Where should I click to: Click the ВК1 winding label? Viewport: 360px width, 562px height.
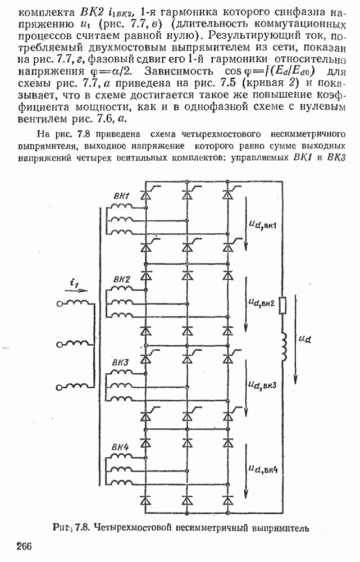coord(121,196)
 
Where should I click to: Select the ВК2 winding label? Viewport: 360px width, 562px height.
coord(122,280)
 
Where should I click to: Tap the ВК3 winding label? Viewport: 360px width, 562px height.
coord(120,362)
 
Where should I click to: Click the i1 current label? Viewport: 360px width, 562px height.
coord(74,283)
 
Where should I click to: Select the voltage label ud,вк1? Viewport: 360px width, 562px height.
coord(263,225)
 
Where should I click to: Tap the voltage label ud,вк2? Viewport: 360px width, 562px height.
coord(261,303)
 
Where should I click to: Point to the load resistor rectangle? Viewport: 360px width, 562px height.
coord(282,305)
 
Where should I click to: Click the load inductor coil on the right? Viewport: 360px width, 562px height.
coord(284,346)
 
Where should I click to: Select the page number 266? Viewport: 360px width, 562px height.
coord(24,546)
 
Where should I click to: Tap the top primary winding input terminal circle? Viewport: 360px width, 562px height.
coord(60,304)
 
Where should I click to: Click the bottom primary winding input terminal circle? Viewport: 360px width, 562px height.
coord(60,387)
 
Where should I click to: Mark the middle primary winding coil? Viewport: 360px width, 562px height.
coord(78,343)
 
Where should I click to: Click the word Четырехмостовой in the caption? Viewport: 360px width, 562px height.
coord(129,528)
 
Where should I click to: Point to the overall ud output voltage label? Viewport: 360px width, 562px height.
coord(305,339)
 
